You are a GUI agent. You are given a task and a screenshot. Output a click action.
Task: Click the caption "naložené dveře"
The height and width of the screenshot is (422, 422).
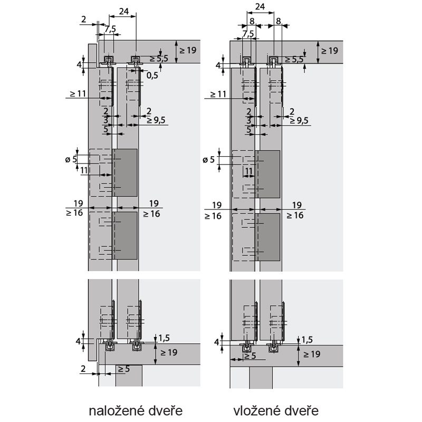coord(136,411)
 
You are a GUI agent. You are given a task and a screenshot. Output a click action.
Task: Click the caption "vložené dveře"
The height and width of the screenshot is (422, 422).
coord(276,411)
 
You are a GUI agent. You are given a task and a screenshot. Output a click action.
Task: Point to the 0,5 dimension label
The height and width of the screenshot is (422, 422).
coord(152,75)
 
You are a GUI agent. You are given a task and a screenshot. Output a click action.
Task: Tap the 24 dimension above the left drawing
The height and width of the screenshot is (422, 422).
coord(124,11)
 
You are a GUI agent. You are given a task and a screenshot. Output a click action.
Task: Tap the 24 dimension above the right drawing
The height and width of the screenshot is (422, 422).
coord(260,6)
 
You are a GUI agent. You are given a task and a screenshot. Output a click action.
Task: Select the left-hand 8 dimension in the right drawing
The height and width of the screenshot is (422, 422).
coord(252,21)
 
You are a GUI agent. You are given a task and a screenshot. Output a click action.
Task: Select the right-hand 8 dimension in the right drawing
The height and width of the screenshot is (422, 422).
coord(279,21)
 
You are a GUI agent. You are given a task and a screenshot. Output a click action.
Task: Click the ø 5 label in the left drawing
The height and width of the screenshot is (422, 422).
coord(71,159)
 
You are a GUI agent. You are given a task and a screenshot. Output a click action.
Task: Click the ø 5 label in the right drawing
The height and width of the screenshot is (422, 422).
coord(208,160)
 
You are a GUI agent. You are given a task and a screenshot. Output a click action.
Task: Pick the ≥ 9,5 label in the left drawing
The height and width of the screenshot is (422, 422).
coord(156,120)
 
